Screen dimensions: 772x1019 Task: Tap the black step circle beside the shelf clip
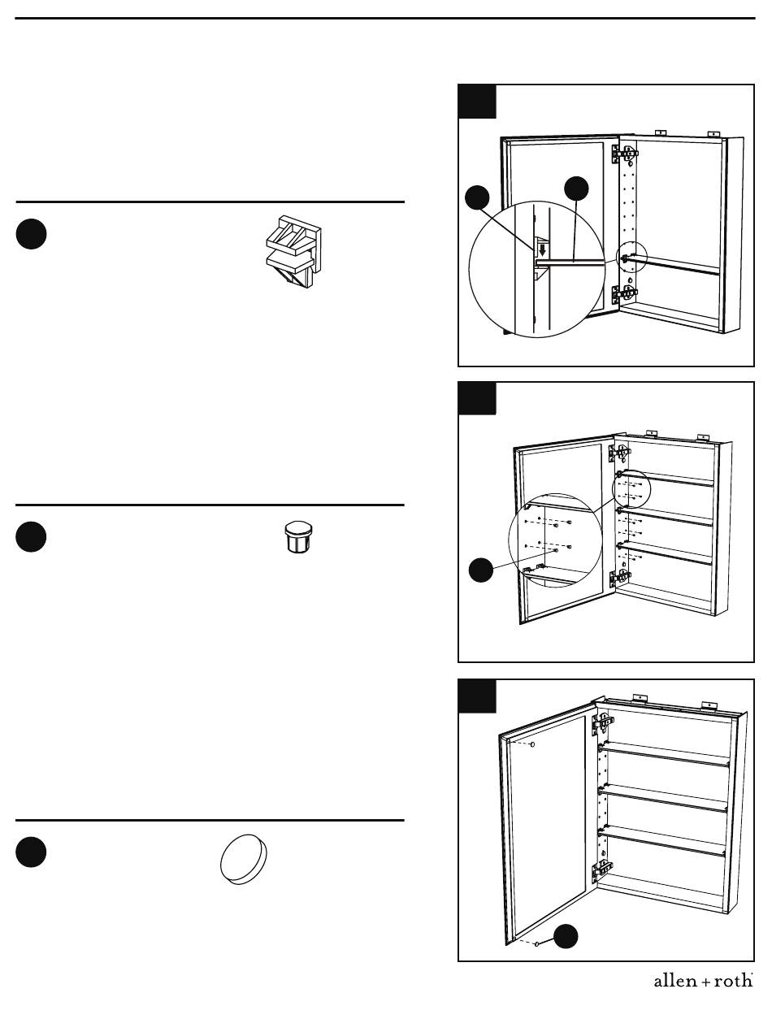(31, 234)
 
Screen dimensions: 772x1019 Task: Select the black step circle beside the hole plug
(31, 537)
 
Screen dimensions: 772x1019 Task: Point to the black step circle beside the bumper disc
(31, 852)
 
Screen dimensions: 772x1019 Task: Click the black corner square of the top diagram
(477, 102)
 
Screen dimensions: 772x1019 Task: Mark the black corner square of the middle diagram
(477, 399)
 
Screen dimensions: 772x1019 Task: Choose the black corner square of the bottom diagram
(477, 696)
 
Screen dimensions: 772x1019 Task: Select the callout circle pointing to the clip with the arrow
(478, 198)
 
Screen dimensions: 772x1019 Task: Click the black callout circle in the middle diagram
(481, 570)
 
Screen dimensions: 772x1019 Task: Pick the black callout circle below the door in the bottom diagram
(566, 936)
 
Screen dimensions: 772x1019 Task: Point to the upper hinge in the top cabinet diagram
(627, 153)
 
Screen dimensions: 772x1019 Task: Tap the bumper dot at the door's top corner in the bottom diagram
(531, 744)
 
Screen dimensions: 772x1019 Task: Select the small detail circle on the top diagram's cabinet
(630, 257)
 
